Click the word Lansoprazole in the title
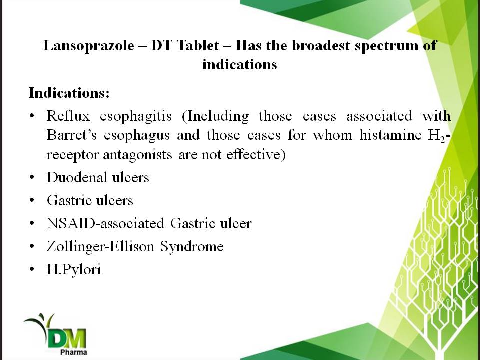pyautogui.click(x=89, y=46)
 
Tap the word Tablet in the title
pyautogui.click(x=198, y=45)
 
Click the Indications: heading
pyautogui.click(x=69, y=92)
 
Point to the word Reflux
pyautogui.click(x=68, y=116)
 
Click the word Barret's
pyautogui.click(x=71, y=135)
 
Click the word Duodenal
pyautogui.click(x=76, y=177)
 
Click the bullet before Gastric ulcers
pyautogui.click(x=32, y=201)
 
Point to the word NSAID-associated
pyautogui.click(x=105, y=223)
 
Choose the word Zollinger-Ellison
pyautogui.click(x=100, y=246)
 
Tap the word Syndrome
pyautogui.click(x=192, y=247)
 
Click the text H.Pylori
pyautogui.click(x=74, y=269)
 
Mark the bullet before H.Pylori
pyautogui.click(x=32, y=269)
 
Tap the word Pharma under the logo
pyautogui.click(x=74, y=352)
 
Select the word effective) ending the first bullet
pyautogui.click(x=256, y=154)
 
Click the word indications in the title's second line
pyautogui.click(x=239, y=65)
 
